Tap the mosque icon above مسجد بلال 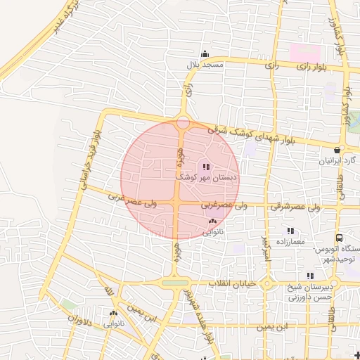pos(205,54)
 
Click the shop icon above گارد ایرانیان pos(338,150)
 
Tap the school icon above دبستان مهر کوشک pos(205,167)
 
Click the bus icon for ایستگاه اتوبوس pos(339,239)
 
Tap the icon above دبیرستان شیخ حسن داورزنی pos(309,276)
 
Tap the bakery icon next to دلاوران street pos(113,313)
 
